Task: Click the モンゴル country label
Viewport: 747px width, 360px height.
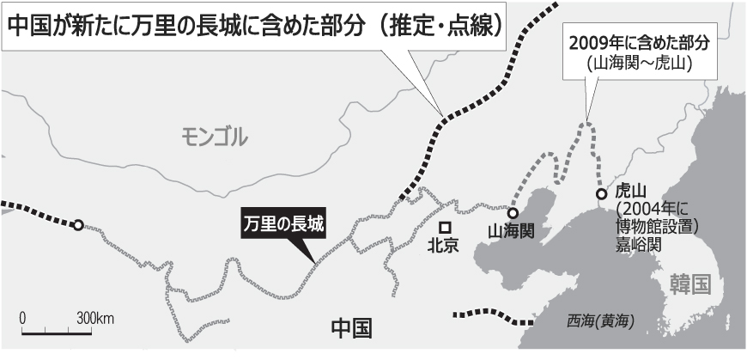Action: click(x=215, y=135)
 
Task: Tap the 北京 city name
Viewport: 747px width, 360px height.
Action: click(x=444, y=246)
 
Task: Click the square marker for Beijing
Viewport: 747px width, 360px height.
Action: click(x=445, y=227)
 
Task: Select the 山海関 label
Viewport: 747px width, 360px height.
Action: click(x=512, y=231)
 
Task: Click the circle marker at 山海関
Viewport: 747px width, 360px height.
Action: click(x=513, y=213)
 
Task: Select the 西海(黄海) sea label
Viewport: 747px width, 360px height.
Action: click(x=600, y=321)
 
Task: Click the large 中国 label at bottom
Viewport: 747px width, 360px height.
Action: click(x=352, y=327)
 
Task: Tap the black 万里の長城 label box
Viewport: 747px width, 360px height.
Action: click(x=282, y=225)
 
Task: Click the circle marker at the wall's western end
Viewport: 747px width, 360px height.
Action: click(x=77, y=225)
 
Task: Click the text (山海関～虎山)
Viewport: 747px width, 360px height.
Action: click(x=635, y=64)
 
